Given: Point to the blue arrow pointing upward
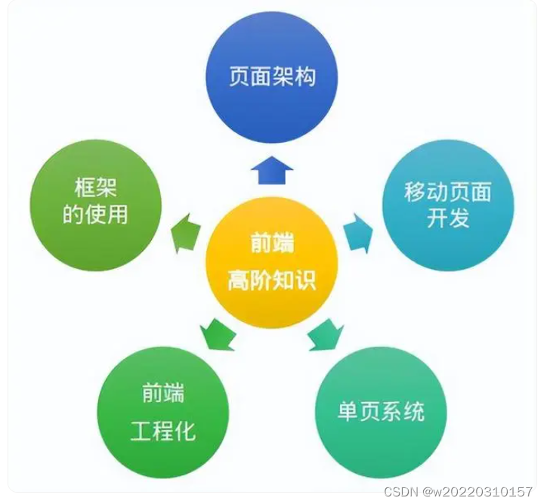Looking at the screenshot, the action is pos(271,172).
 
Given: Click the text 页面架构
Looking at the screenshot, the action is pos(271,78).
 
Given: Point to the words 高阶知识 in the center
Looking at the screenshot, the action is pos(272,280).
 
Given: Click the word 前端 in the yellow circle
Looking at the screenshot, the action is pos(272,244).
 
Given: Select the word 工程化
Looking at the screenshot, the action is pos(163,431).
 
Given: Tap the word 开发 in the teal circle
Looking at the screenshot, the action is pos(448,218).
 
